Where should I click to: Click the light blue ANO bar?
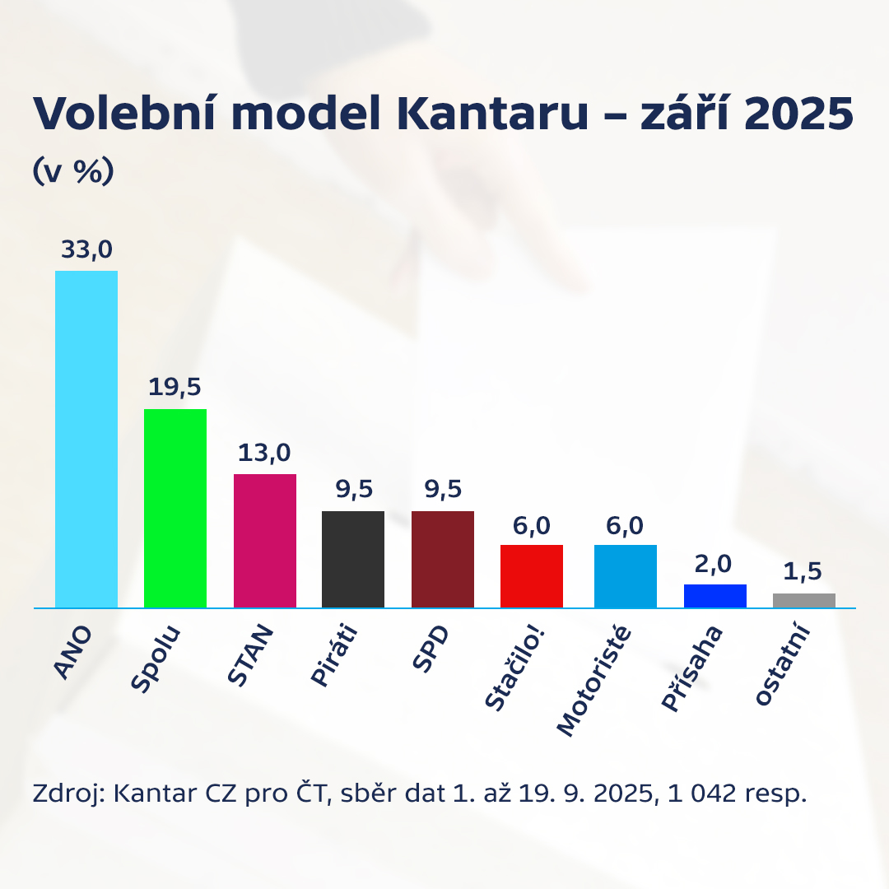click(x=86, y=439)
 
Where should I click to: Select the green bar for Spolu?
click(x=175, y=508)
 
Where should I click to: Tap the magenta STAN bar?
click(x=265, y=541)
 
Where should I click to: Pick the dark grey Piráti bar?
click(x=353, y=559)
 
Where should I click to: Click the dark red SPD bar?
click(x=443, y=559)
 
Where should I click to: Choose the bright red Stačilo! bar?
click(x=532, y=576)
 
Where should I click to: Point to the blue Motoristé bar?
click(x=626, y=576)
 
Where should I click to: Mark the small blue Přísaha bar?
click(x=715, y=596)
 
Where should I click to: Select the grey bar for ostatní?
click(x=804, y=600)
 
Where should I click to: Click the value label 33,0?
click(x=86, y=250)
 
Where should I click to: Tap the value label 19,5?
click(x=175, y=388)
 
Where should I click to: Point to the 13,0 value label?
click(x=265, y=453)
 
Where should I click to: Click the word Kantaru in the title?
click(x=492, y=114)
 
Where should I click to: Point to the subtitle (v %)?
click(x=73, y=171)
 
